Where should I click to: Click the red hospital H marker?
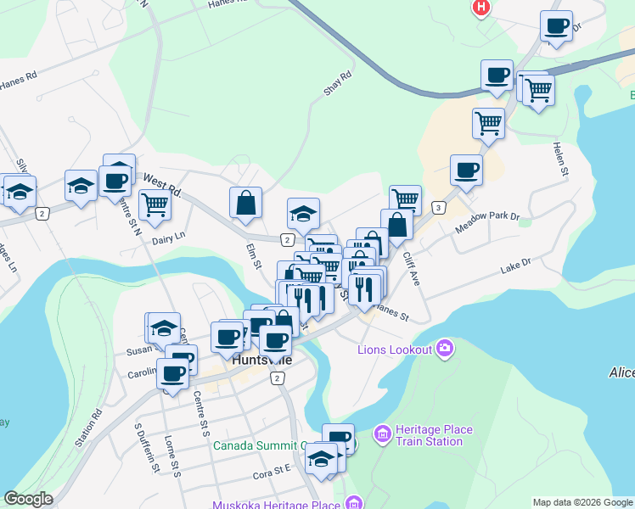click(x=481, y=8)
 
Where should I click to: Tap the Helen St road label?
click(x=560, y=159)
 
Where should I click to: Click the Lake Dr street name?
click(x=514, y=266)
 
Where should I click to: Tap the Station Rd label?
click(x=87, y=428)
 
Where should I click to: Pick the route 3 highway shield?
click(x=438, y=208)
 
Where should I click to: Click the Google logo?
click(x=28, y=499)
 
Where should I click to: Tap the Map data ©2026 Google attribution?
click(x=582, y=501)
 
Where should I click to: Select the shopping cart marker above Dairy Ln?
click(x=154, y=204)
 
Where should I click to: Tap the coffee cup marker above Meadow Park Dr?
click(x=466, y=171)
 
